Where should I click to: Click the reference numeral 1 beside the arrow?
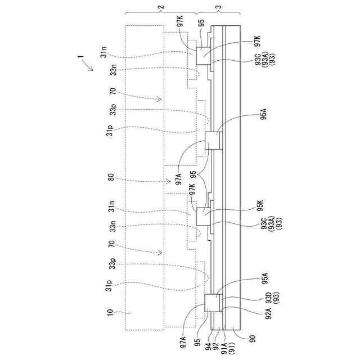pos(80,56)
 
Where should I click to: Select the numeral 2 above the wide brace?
pos(161,7)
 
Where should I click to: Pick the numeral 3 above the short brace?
pos(218,7)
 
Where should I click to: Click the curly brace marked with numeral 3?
pos(218,13)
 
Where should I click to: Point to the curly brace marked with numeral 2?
pos(161,13)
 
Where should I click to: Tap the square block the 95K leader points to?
pos(204,215)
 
